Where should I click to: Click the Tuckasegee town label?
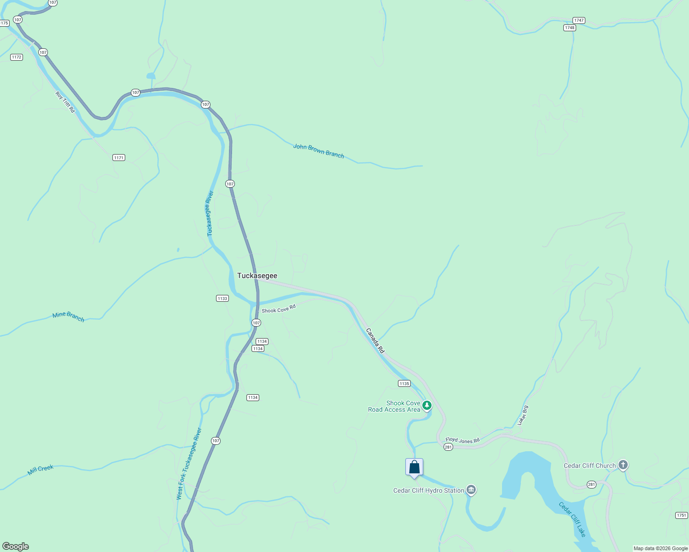[257, 276]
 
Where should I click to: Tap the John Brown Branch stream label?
[319, 151]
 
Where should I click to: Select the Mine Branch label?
[68, 316]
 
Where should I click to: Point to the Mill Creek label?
[41, 470]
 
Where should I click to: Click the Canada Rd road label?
[375, 340]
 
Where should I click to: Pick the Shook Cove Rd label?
[279, 309]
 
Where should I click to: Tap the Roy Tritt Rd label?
[65, 102]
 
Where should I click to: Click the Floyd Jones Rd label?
[462, 440]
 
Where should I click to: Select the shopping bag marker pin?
[414, 467]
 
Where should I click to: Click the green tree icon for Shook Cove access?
[427, 405]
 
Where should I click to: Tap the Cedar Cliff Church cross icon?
[623, 465]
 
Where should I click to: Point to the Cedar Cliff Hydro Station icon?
[471, 490]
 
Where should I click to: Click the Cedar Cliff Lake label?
[572, 519]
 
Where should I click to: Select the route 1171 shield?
[119, 158]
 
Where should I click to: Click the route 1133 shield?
[222, 299]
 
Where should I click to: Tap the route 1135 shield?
[404, 384]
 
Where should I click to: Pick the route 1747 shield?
[579, 20]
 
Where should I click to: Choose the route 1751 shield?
[682, 515]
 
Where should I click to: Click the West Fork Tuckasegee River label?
[189, 464]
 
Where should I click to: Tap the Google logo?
[16, 546]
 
